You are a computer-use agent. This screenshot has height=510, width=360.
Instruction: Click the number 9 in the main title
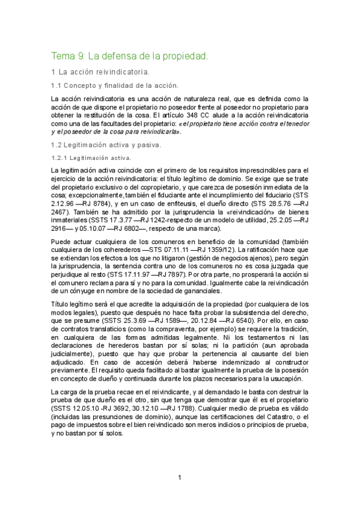81,57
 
